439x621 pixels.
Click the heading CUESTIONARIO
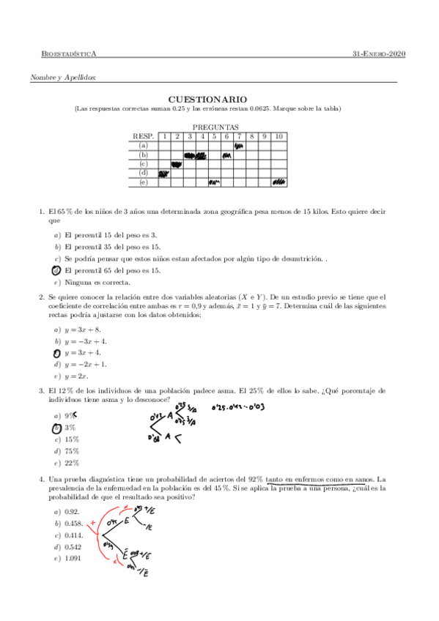[x=218, y=99]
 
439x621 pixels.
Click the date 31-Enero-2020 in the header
[x=379, y=54]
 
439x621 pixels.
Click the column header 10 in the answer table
[x=278, y=136]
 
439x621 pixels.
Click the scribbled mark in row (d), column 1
[x=164, y=174]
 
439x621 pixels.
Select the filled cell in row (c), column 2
[x=177, y=164]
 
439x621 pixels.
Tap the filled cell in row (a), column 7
[x=239, y=146]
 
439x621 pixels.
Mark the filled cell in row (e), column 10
[x=278, y=182]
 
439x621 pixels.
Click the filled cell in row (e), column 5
[x=215, y=182]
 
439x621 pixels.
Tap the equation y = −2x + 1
[x=86, y=364]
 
